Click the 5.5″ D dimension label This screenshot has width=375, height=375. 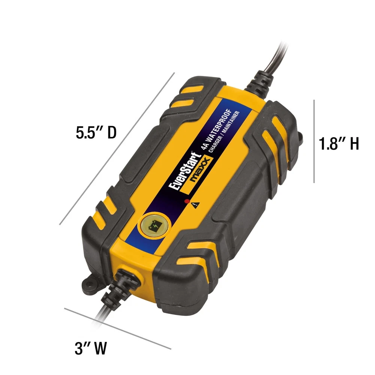tap(96, 132)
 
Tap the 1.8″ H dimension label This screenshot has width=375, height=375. tap(339, 144)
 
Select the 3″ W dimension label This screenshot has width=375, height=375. tap(91, 348)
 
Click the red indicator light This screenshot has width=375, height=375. tap(187, 201)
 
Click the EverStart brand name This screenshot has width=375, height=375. tap(185, 171)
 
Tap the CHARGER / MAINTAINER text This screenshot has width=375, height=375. tap(224, 132)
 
